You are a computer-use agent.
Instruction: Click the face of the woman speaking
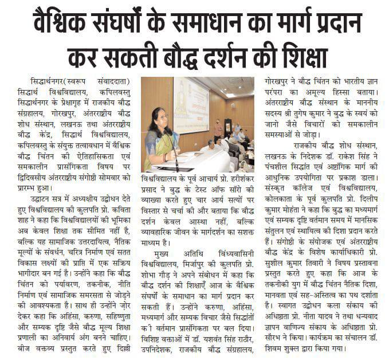point(158,116)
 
